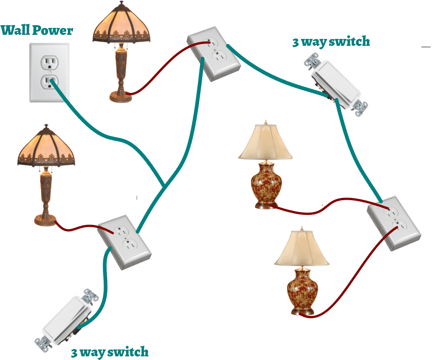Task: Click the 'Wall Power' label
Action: coord(37,31)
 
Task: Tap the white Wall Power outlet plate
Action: coord(50,72)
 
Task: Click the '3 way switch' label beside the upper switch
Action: coord(331,42)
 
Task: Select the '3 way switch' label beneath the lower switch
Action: coord(110,352)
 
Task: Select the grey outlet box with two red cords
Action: coord(394,223)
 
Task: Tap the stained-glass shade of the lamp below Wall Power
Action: coord(46,148)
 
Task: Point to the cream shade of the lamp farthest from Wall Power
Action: coord(302,250)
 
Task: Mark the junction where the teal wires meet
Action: coord(164,185)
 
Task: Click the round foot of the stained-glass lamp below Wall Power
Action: coord(46,221)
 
